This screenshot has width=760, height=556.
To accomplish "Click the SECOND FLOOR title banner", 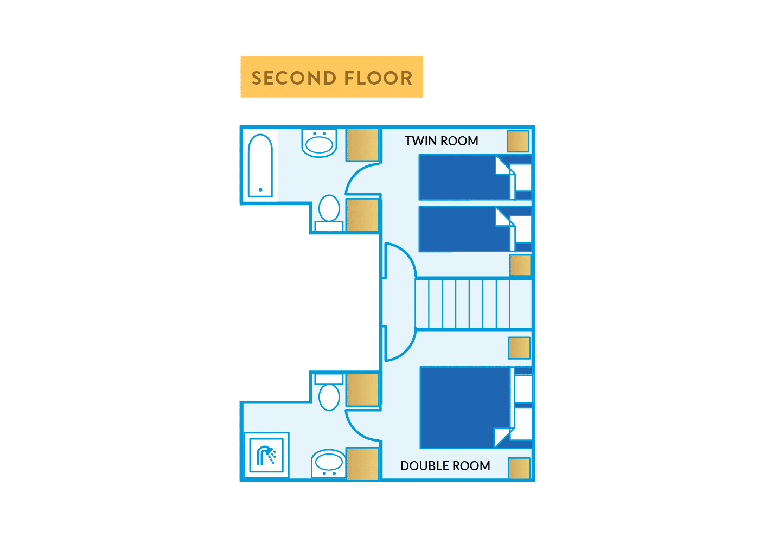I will click(x=331, y=77).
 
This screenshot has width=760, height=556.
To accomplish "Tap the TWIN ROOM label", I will click(x=441, y=141).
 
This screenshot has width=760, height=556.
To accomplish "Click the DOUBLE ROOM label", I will click(x=445, y=466).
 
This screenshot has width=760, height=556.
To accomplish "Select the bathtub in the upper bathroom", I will click(x=260, y=165).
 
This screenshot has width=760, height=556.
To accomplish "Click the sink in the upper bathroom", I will click(x=319, y=144).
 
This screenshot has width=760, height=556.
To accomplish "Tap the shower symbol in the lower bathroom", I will click(x=266, y=455).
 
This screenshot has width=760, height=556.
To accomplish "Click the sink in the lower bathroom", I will click(x=329, y=463).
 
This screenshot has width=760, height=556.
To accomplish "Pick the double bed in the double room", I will click(x=465, y=407).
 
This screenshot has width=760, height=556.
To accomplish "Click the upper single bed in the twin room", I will click(x=464, y=177).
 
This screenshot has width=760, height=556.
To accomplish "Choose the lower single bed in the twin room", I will click(x=464, y=228).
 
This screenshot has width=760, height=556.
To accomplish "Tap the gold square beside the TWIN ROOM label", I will click(x=518, y=141).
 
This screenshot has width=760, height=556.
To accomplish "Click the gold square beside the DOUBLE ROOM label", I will click(x=519, y=468).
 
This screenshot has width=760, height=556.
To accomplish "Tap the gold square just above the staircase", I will click(x=520, y=265).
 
